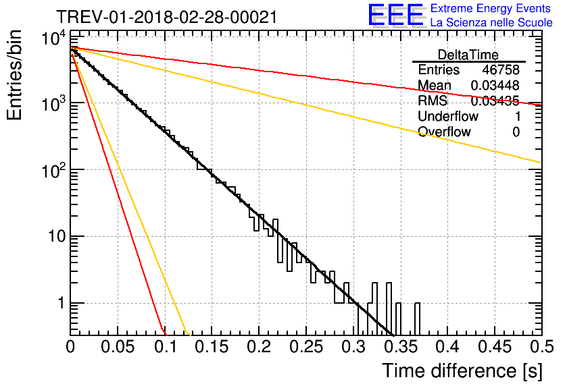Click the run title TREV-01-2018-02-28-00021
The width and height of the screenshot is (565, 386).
166,18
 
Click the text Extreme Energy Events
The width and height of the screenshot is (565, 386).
491,9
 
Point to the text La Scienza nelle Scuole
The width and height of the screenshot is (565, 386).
491,23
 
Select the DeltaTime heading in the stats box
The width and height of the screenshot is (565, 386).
468,55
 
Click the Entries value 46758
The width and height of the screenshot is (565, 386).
501,70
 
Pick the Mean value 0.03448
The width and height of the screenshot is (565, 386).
495,86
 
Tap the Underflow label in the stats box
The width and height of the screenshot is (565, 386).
447,117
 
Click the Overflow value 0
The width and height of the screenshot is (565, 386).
516,132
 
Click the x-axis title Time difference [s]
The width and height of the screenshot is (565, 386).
462,370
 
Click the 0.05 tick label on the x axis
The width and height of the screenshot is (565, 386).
118,346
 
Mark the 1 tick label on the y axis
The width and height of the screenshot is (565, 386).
59,304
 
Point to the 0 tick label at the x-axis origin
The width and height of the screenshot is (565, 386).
70,346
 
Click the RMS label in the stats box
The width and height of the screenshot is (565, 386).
433,101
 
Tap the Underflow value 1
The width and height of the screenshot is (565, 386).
516,117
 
